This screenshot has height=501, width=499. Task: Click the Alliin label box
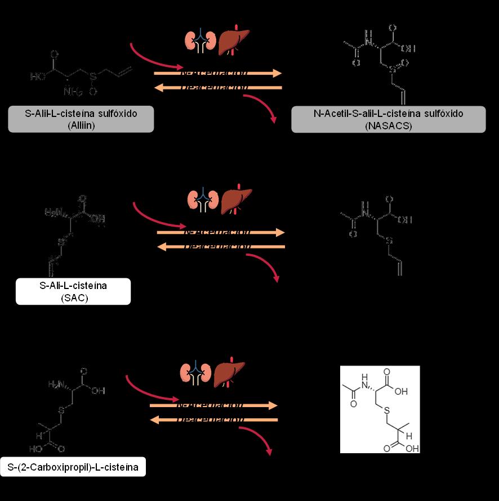tap(81, 119)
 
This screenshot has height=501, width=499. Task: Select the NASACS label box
tap(388, 119)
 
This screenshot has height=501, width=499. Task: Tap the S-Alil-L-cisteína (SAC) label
tap(73, 291)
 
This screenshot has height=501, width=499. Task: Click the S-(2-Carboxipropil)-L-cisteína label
tap(73, 467)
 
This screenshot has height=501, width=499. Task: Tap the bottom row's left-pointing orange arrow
tap(214, 419)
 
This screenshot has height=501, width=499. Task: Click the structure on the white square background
tap(380, 409)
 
